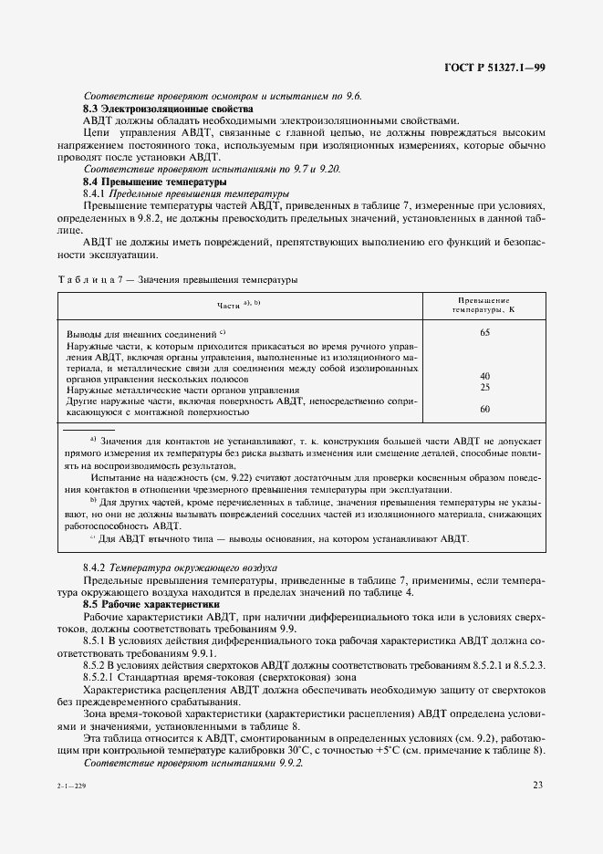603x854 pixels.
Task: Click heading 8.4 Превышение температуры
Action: click(x=142, y=182)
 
